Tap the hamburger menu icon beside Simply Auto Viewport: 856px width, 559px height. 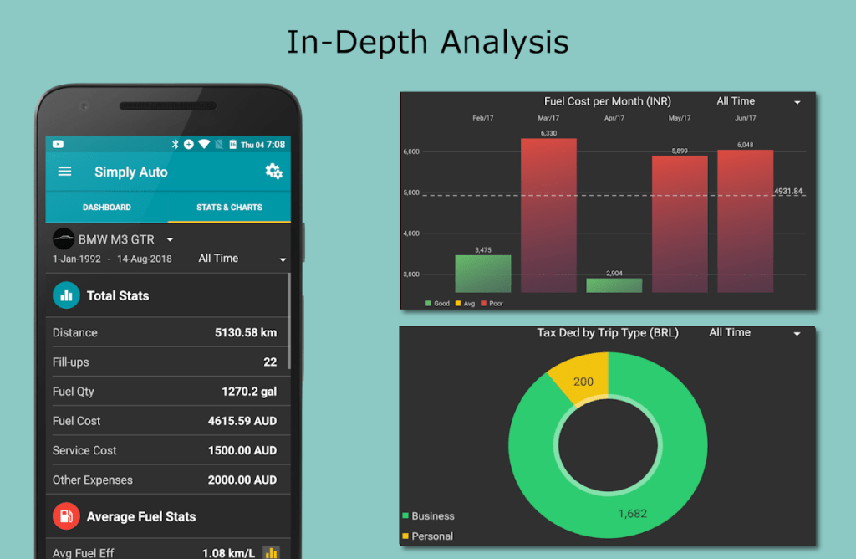tap(64, 172)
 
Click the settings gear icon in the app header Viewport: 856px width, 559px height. tap(273, 172)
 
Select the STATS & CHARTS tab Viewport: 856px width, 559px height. tap(229, 207)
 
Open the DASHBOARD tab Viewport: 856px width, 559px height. tap(107, 207)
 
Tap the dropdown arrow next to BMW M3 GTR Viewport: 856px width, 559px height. tap(170, 240)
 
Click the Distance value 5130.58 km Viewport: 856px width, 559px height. tap(246, 332)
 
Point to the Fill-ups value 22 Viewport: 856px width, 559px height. tap(270, 362)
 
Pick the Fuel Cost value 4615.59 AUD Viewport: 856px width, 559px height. tap(242, 421)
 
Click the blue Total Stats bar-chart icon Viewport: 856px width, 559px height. tap(66, 295)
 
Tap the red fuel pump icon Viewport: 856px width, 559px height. tap(66, 516)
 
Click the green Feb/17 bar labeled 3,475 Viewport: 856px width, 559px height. tap(482, 274)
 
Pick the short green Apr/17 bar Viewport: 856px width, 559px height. tap(614, 285)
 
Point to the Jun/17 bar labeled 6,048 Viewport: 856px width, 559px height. tap(745, 221)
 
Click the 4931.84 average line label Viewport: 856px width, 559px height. tap(788, 192)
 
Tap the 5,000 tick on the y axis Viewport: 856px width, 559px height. tap(410, 192)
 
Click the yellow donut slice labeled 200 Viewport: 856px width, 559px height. tap(580, 378)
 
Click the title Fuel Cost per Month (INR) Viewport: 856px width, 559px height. tap(608, 101)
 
